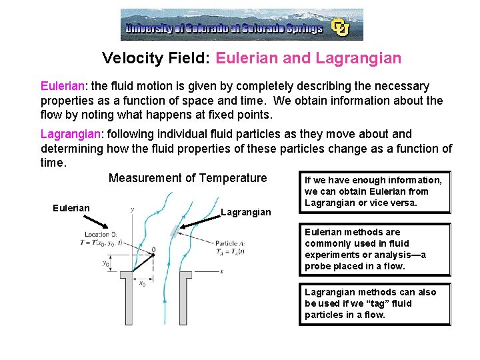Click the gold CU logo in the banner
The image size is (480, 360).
click(x=341, y=27)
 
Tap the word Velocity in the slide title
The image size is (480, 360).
click(x=131, y=59)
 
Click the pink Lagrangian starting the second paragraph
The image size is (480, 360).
click(x=69, y=134)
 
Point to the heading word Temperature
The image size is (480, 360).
click(x=233, y=178)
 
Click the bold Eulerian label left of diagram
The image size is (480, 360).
click(x=71, y=208)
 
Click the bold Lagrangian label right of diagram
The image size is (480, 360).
click(x=246, y=212)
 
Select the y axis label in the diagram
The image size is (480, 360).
click(x=132, y=209)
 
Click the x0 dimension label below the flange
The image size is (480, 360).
click(x=141, y=284)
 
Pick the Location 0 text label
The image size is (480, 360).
click(x=100, y=234)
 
